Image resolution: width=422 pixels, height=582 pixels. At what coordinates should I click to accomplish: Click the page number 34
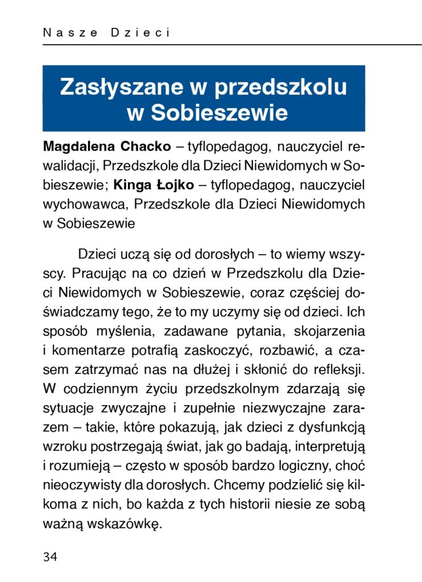pos(50,556)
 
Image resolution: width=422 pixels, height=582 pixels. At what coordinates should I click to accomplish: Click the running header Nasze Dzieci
pos(107,33)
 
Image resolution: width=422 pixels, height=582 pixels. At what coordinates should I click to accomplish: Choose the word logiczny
pos(307,466)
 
